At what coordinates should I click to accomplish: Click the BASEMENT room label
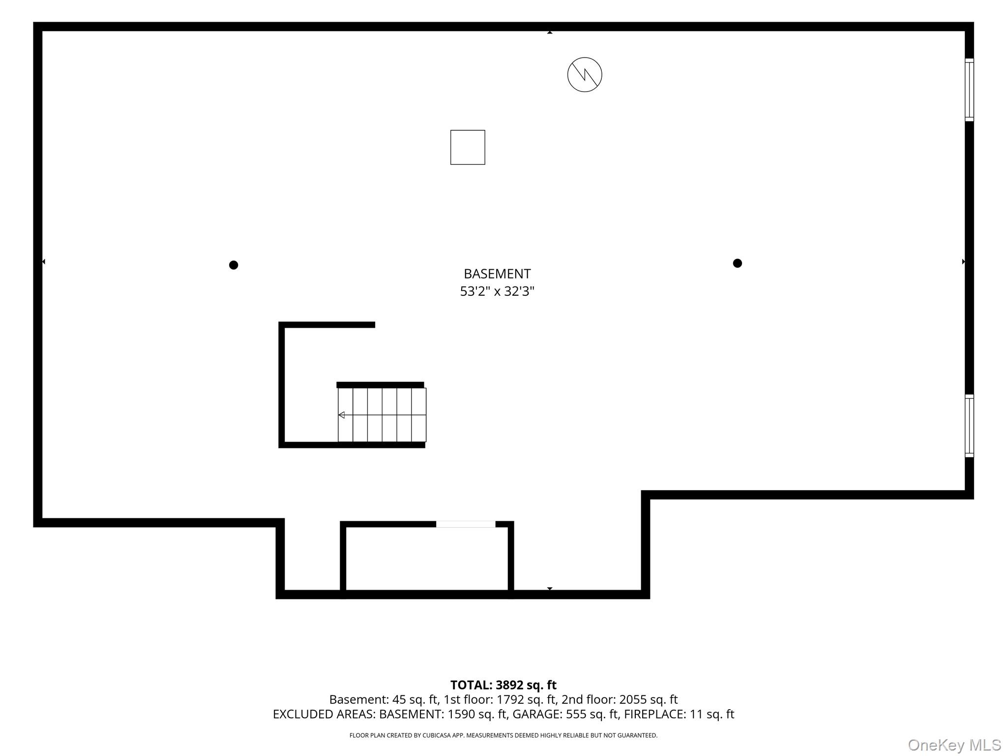point(497,274)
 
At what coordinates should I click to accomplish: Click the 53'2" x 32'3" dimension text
point(497,291)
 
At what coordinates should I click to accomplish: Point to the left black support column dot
point(234,265)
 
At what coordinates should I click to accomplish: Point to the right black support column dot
point(737,263)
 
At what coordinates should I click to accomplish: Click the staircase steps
point(382,415)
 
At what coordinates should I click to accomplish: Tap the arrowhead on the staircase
point(341,415)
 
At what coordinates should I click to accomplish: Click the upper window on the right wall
point(969,90)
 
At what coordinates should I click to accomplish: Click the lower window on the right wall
point(969,426)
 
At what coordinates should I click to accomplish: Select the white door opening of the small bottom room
point(466,524)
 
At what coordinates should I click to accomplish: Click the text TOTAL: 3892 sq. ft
point(503,685)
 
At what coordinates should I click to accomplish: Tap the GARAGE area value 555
point(576,714)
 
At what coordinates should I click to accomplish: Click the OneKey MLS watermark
point(954,745)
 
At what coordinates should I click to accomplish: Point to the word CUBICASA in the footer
point(435,735)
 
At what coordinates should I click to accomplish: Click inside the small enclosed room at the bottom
point(427,559)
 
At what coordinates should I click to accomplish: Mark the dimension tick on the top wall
point(550,32)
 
